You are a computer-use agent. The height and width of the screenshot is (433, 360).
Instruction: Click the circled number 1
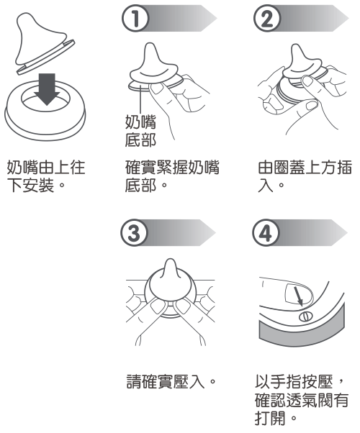tap(135, 19)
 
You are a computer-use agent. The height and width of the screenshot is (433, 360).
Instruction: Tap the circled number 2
tap(267, 19)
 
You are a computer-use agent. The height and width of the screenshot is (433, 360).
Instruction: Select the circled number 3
tap(134, 233)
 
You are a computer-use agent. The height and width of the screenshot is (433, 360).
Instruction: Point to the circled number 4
tap(266, 233)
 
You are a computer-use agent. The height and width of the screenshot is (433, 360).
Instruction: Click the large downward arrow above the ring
tap(47, 89)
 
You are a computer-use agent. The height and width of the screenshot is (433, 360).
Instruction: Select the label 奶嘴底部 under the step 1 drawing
tap(140, 131)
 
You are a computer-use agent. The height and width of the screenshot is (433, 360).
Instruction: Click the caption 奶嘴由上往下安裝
tap(46, 176)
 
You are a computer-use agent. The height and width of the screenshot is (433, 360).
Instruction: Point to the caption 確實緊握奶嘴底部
tap(172, 176)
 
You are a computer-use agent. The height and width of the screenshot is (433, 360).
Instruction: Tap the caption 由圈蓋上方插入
tap(305, 176)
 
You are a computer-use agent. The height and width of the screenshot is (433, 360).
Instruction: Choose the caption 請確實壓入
tap(171, 382)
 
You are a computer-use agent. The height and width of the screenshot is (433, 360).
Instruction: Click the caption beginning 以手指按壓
tap(302, 400)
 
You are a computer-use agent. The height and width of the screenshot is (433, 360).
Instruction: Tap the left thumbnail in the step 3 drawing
tap(159, 306)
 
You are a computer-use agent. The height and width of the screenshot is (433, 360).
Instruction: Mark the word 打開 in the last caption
tap(270, 418)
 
